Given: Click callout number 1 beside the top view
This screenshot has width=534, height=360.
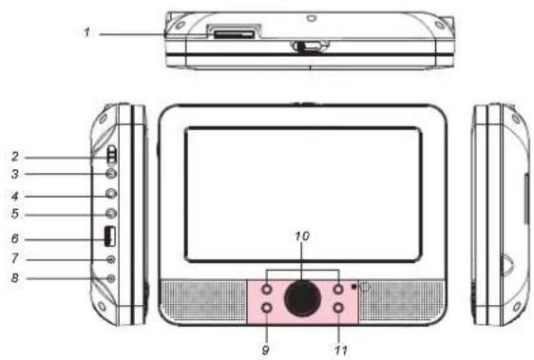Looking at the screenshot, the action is pyautogui.click(x=87, y=32).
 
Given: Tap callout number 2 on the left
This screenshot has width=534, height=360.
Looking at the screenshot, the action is pyautogui.click(x=15, y=157).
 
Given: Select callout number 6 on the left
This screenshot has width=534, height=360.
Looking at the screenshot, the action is pyautogui.click(x=15, y=238).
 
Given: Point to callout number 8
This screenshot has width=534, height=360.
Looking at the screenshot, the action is pyautogui.click(x=15, y=278).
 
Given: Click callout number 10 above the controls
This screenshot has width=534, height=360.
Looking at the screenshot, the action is pyautogui.click(x=302, y=236).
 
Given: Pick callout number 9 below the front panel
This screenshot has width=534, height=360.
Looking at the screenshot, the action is pyautogui.click(x=266, y=350).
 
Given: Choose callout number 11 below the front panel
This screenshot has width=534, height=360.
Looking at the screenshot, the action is pyautogui.click(x=341, y=350).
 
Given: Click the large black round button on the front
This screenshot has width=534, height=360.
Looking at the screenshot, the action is pyautogui.click(x=302, y=298).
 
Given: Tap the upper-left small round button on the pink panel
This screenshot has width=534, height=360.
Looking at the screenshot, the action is pyautogui.click(x=267, y=290).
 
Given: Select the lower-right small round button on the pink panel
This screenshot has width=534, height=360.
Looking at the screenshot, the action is pyautogui.click(x=338, y=308).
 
